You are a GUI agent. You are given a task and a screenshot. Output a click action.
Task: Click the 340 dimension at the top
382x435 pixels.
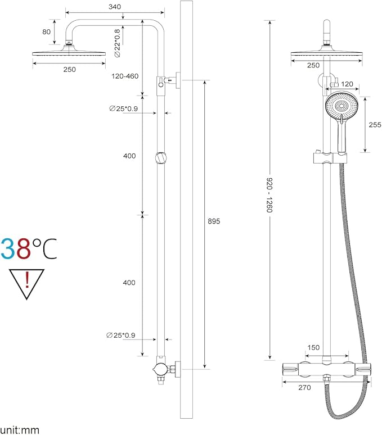[114, 6]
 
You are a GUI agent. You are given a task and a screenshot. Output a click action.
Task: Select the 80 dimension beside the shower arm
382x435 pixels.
[46, 32]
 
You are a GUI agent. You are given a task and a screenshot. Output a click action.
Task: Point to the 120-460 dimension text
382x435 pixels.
[124, 76]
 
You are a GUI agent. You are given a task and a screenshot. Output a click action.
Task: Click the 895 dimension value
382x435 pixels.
[213, 221]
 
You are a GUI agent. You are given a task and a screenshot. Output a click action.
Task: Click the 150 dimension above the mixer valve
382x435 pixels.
[315, 348]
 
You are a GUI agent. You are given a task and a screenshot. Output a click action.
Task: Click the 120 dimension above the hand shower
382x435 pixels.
[347, 84]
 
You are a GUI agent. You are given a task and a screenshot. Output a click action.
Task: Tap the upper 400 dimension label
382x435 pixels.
[129, 156]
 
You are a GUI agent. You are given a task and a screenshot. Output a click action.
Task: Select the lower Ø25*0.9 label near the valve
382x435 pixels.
[121, 336]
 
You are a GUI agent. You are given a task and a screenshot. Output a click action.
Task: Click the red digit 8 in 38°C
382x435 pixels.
[23, 248]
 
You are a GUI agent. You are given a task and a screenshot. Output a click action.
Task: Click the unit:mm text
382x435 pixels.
[20, 430]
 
